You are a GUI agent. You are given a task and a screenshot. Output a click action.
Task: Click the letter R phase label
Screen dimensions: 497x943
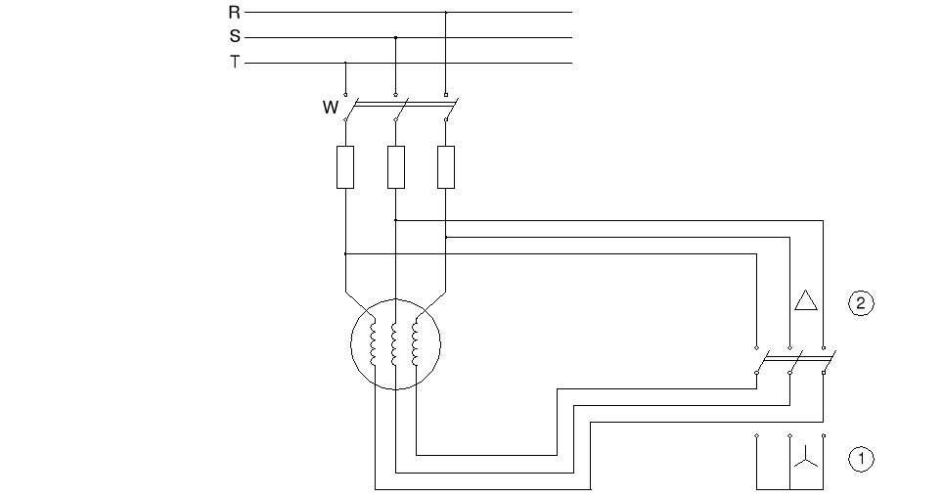[x=234, y=13]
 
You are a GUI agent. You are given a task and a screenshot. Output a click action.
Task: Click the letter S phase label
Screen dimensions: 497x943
[x=234, y=38]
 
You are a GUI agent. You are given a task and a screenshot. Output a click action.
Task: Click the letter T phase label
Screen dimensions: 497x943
[x=234, y=64]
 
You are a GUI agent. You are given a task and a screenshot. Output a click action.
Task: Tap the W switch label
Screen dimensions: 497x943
[x=330, y=108]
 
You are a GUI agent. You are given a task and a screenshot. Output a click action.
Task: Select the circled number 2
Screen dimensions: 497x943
[x=860, y=303]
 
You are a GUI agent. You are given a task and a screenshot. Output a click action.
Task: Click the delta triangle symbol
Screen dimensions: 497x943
[x=805, y=300]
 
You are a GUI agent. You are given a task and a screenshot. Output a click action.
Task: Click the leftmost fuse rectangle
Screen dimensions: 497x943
[x=345, y=166]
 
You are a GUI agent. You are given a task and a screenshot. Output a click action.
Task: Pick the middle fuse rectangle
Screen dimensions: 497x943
[x=395, y=166]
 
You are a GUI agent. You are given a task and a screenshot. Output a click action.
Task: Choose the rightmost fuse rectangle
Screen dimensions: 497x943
[x=446, y=166]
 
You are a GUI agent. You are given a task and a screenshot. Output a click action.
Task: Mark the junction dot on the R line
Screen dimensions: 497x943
[x=446, y=13]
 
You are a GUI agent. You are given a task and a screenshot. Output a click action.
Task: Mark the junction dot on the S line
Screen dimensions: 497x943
[x=395, y=38]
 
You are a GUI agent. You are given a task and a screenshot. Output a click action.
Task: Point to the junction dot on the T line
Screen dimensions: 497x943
[x=345, y=64]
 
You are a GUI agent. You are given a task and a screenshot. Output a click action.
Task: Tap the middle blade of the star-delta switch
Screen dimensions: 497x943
[x=794, y=361]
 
